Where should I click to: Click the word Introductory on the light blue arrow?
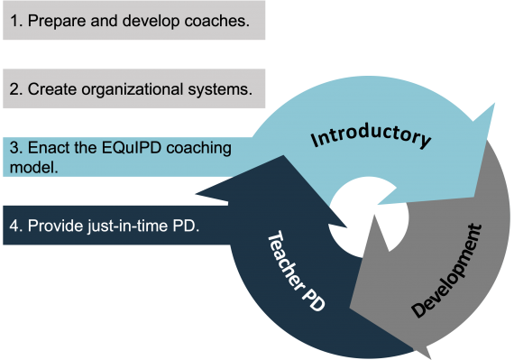[x=371, y=138]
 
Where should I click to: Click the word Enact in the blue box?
[x=48, y=147]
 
